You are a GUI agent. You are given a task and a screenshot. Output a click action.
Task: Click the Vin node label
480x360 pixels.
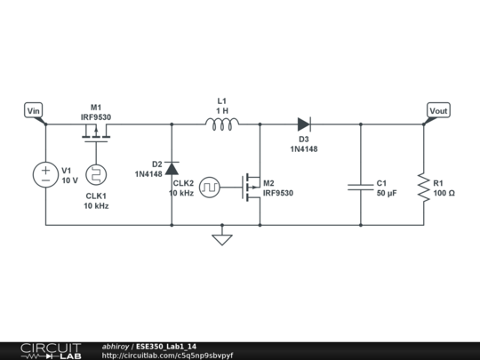34,110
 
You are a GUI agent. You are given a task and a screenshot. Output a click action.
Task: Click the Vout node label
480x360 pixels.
437,110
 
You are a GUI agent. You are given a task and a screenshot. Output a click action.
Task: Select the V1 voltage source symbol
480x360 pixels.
44,174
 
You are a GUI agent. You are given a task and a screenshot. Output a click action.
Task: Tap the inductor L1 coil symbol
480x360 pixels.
221,124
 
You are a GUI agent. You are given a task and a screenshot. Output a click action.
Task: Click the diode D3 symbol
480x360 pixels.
304,124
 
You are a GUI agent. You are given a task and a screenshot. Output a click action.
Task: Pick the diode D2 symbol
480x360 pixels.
172,168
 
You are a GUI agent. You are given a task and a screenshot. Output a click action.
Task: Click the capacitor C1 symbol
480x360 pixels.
361,187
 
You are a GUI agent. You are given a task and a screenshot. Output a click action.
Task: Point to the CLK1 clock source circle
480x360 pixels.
95,174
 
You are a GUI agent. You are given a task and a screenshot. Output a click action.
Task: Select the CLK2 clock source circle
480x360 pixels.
210,187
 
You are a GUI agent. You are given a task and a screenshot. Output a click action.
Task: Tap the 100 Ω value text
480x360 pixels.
445,193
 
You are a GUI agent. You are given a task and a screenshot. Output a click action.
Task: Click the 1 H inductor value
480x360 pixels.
221,110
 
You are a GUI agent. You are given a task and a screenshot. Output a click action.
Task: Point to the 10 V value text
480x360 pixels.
70,180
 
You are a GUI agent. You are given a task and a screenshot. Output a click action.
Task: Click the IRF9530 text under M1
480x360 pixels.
95,116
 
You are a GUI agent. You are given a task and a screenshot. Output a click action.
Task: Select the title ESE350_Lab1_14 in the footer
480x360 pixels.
167,347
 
